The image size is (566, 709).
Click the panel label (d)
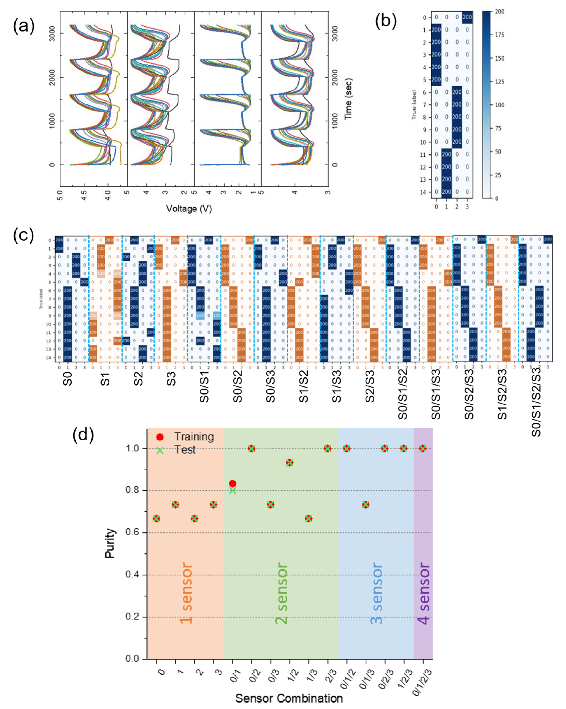coord(83,434)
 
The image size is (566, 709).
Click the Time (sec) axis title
coord(348,99)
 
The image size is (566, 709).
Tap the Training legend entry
coord(194,437)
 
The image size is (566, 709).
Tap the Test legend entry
coord(185,449)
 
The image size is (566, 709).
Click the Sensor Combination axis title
coord(289,698)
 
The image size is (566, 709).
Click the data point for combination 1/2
coord(289,463)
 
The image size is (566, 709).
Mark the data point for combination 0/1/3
coord(366,505)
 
